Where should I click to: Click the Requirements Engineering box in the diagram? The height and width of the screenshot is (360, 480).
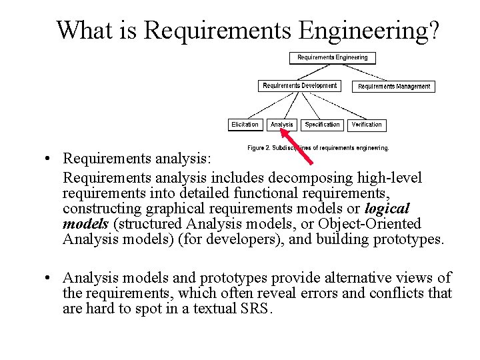332,58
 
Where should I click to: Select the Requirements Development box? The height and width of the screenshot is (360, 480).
299,86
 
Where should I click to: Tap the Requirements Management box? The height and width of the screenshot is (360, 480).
394,86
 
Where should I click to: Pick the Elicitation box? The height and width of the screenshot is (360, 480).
245,125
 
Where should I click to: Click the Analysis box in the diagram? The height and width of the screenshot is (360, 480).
281,125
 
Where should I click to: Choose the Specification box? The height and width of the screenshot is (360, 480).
322,125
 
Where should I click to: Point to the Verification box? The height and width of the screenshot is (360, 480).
366,125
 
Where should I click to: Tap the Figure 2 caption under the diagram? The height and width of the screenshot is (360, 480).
318,147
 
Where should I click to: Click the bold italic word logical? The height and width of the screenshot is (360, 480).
387,209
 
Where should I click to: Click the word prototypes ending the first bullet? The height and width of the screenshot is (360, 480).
407,239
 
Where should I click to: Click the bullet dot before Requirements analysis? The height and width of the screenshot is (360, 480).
50,160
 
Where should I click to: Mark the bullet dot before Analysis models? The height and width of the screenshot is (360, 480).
50,278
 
